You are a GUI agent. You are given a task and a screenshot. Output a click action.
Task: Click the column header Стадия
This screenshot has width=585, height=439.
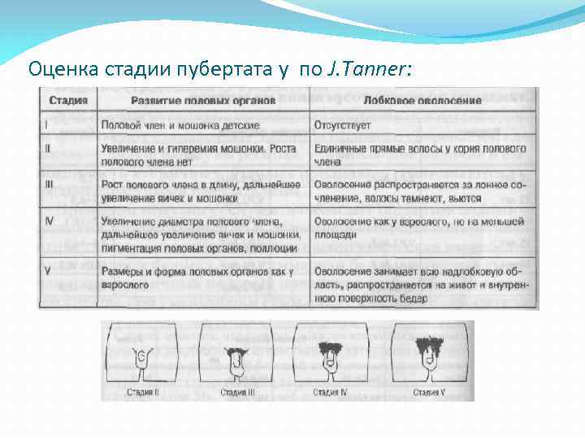pyautogui.click(x=69, y=102)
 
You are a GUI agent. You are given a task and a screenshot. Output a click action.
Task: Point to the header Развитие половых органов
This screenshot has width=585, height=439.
pyautogui.click(x=203, y=102)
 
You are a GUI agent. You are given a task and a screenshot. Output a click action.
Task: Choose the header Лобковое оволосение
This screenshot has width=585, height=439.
pyautogui.click(x=422, y=102)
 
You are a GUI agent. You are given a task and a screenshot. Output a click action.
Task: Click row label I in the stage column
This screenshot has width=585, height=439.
pyautogui.click(x=47, y=125)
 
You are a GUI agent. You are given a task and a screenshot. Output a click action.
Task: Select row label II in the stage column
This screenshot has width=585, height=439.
pyautogui.click(x=49, y=149)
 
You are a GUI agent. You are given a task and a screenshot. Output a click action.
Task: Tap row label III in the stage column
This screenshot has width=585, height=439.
pyautogui.click(x=50, y=185)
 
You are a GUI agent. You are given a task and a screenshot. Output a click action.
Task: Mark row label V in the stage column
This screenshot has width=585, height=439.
pyautogui.click(x=49, y=269)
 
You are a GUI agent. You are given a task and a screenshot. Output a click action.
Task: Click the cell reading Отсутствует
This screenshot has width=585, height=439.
pyautogui.click(x=342, y=125)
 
